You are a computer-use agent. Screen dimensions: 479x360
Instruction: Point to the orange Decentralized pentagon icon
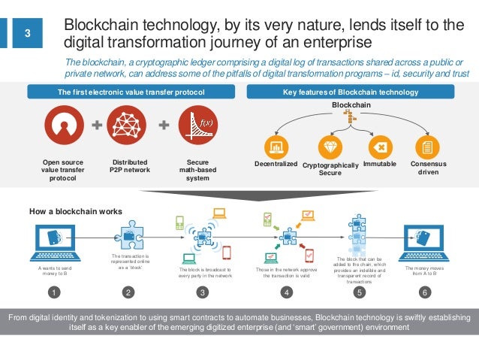(x=276, y=147)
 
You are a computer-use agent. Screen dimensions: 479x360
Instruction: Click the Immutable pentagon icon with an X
(x=381, y=147)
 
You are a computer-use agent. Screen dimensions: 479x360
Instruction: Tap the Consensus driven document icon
(x=428, y=147)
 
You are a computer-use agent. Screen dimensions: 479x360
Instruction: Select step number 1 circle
(x=53, y=292)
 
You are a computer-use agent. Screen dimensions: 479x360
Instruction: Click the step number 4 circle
(x=285, y=292)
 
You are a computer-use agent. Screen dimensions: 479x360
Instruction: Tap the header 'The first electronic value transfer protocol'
(x=131, y=92)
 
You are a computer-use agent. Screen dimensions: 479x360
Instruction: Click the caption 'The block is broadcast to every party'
(x=205, y=273)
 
